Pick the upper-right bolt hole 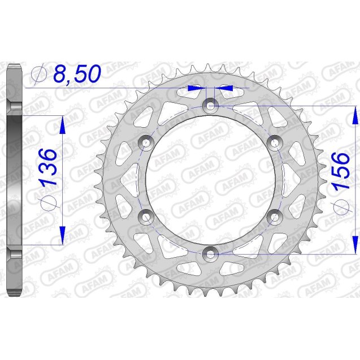[275, 141]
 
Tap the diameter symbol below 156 [340, 207]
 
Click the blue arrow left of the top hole [194, 88]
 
